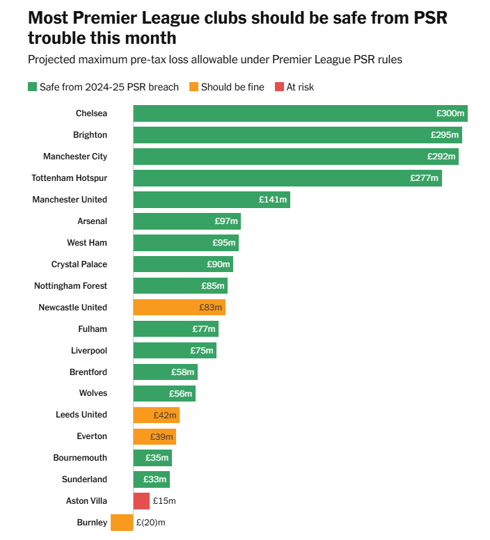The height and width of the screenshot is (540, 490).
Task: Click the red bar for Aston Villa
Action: [x=141, y=500]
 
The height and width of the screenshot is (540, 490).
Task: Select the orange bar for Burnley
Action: [x=122, y=522]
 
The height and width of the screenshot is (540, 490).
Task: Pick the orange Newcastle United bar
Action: [x=179, y=307]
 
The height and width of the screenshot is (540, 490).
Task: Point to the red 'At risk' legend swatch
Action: [x=280, y=87]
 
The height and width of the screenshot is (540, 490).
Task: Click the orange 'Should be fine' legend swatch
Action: [x=194, y=87]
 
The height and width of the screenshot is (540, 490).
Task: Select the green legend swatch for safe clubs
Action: [x=32, y=87]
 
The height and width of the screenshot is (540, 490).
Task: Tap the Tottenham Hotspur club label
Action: [x=70, y=178]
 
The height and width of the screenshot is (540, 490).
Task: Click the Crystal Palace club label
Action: [x=79, y=264]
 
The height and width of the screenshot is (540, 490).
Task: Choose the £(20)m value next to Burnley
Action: [x=151, y=522]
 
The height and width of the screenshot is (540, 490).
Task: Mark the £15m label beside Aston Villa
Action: [x=164, y=500]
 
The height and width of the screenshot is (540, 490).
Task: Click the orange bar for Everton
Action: [x=155, y=436]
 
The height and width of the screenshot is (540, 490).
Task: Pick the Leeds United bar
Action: [x=156, y=415]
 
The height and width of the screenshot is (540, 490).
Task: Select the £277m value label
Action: [x=424, y=178]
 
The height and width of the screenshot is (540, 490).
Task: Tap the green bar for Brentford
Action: [x=165, y=372]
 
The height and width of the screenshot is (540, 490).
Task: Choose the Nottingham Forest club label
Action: [x=71, y=286]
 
